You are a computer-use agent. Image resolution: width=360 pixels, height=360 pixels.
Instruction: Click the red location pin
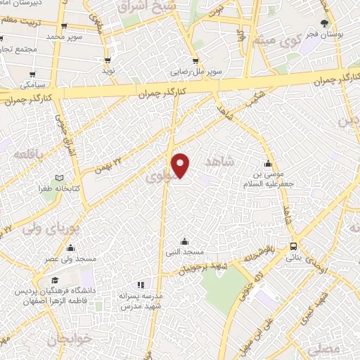pyautogui.click(x=181, y=165)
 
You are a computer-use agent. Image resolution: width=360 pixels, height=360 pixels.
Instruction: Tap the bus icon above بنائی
pyautogui.click(x=293, y=246)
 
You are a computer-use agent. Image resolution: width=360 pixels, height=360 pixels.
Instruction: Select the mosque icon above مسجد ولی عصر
pyautogui.click(x=70, y=247)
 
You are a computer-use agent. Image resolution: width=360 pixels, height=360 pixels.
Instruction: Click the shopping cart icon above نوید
pyautogui.click(x=108, y=60)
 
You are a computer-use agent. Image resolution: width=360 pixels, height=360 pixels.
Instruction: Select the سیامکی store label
pyautogui.click(x=34, y=84)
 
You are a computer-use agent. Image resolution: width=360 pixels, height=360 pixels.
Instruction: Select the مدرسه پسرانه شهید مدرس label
pyautogui.click(x=141, y=302)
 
